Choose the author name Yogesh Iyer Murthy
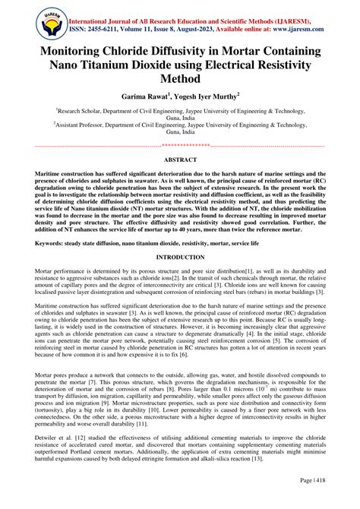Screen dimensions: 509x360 click(x=209, y=97)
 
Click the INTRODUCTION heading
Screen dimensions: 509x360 click(x=180, y=258)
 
